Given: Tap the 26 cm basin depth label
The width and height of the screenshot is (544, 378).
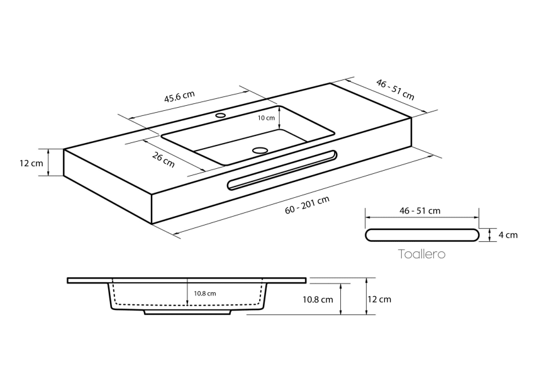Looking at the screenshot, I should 164,161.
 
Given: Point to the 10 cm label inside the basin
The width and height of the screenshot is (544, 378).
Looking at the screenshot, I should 267,118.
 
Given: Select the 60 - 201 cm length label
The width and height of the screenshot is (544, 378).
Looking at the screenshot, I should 308,206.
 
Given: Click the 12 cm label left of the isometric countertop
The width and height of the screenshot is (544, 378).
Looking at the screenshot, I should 31,163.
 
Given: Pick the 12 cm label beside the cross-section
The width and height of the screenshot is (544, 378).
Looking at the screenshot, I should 380,299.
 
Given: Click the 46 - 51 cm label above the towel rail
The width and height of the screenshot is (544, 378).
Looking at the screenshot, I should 420,210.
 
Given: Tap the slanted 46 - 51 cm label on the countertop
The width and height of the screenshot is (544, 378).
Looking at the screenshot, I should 395,89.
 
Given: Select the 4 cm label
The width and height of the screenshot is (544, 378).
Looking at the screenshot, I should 508,235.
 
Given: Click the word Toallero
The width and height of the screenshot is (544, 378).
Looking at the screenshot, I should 421,255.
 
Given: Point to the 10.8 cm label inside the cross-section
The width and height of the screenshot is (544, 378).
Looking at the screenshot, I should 205,294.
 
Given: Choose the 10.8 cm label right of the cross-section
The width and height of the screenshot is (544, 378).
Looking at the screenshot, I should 318,300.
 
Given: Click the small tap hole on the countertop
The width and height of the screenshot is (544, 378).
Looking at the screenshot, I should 221,116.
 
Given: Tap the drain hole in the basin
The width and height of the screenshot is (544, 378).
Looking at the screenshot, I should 259,150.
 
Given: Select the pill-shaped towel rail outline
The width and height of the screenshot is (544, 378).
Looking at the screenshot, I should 421,235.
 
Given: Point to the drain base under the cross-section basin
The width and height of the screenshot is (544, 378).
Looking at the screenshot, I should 189,311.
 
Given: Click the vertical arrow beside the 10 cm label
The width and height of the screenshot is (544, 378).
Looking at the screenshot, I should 279,118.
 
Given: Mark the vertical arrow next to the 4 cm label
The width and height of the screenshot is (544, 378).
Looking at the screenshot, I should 490,235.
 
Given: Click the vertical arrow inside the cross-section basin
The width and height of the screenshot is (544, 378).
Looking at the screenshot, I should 187,293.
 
